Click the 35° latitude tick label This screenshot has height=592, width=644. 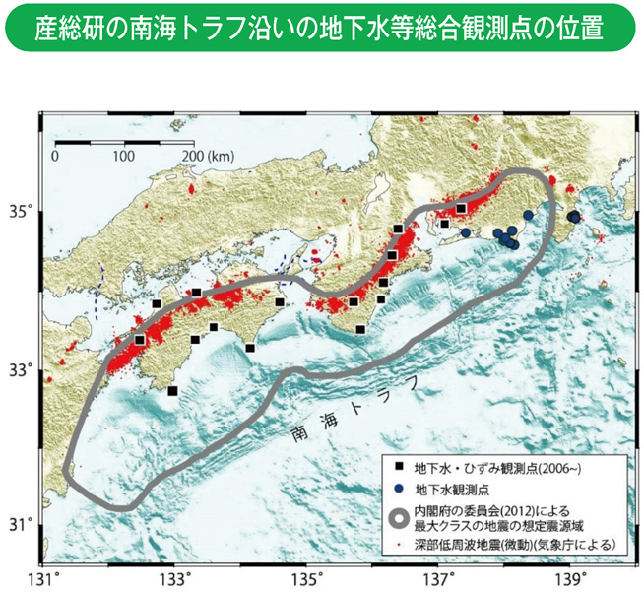23,211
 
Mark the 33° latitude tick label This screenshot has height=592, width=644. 23,369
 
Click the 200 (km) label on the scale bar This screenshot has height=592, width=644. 207,156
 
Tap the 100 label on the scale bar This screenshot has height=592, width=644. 123,156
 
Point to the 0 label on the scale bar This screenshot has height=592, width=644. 56,156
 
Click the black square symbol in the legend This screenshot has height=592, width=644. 399,464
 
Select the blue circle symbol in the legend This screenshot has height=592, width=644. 399,487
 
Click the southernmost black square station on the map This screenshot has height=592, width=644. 173,391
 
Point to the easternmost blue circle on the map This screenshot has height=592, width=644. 574,217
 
